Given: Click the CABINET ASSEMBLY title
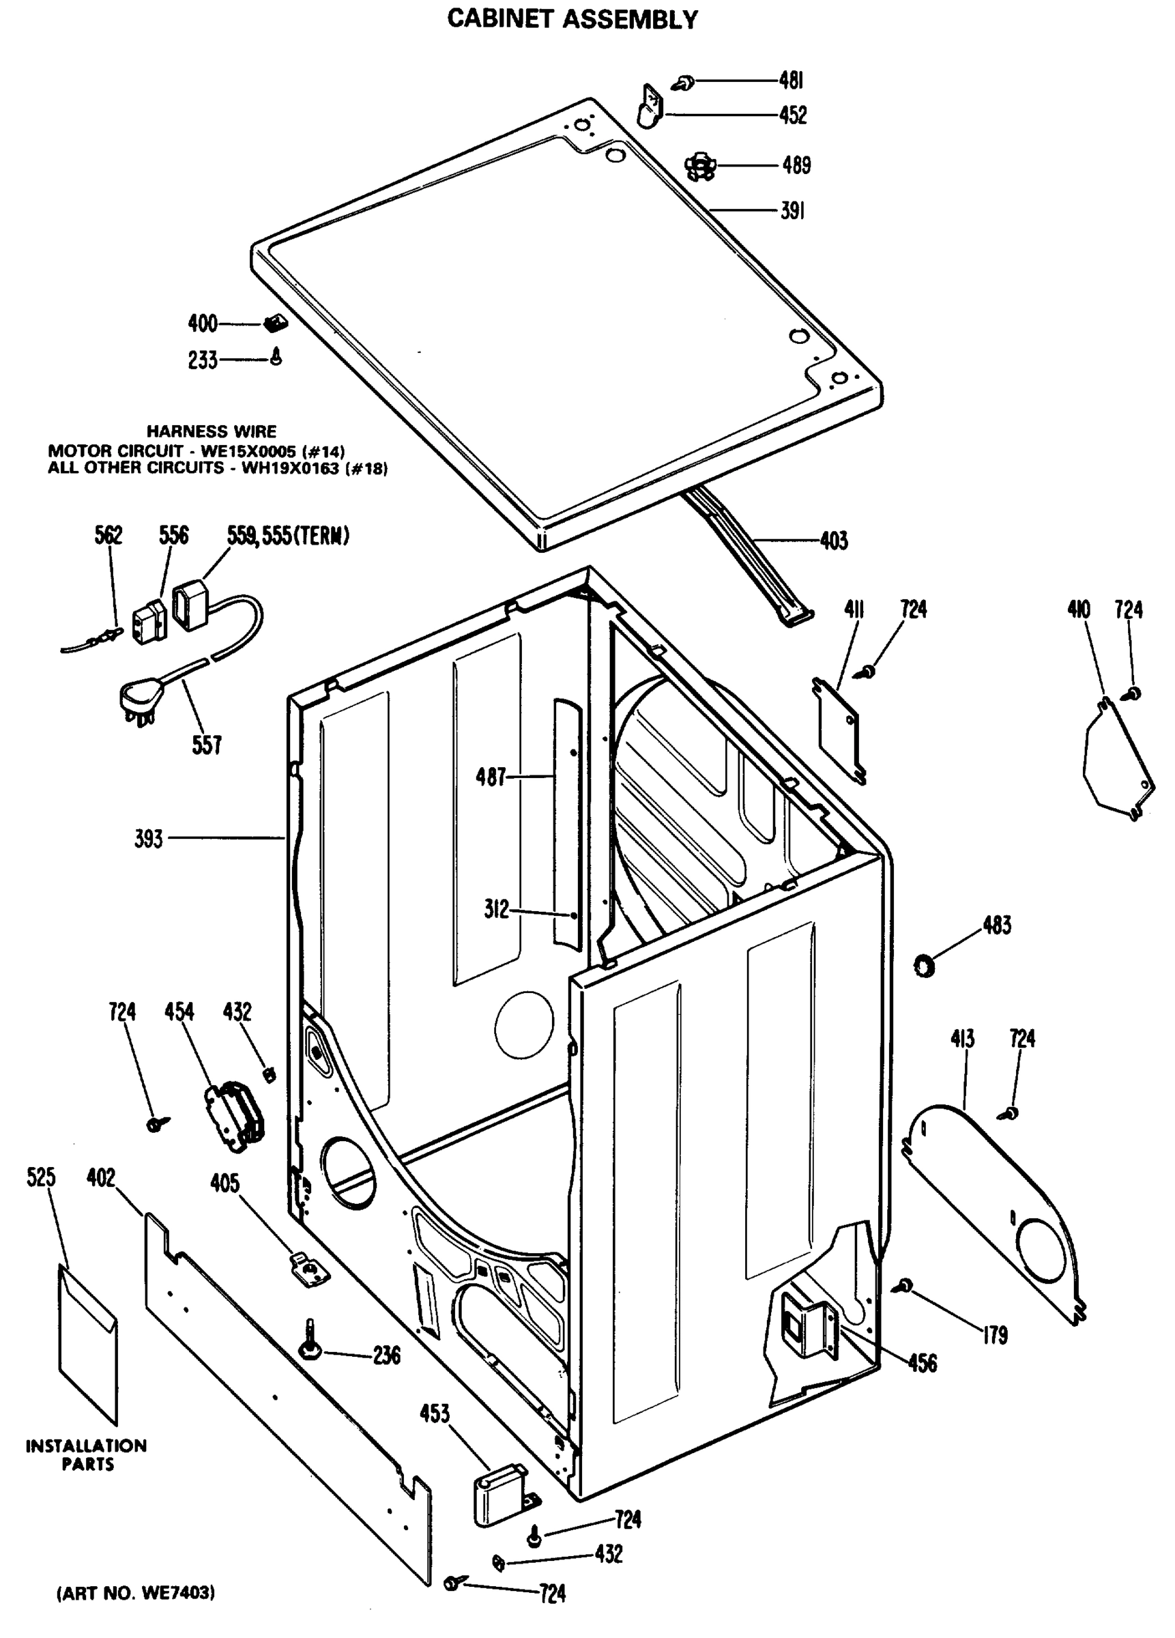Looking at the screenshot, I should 572,20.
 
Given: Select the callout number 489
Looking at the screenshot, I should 796,165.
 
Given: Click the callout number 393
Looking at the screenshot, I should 148,839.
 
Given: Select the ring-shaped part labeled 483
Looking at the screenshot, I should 924,965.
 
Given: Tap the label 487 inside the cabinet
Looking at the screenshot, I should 491,777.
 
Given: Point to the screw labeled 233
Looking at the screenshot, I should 275,357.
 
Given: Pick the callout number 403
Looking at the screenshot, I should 833,541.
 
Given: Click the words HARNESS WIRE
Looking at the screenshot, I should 212,431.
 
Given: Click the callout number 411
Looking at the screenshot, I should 854,609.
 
